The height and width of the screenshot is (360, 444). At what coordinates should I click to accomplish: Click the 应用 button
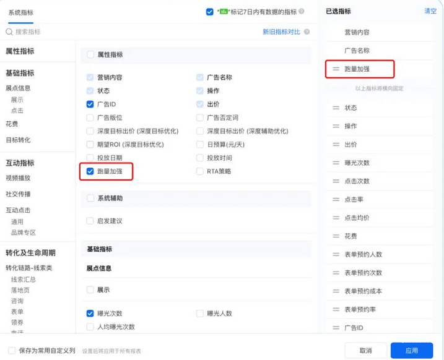pos(412,350)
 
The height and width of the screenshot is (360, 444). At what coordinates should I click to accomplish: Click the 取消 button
pos(365,350)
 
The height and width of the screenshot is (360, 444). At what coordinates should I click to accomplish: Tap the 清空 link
pos(430,11)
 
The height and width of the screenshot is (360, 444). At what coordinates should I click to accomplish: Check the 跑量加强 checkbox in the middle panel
pos(90,171)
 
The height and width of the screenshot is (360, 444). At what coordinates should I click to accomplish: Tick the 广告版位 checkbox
pos(90,117)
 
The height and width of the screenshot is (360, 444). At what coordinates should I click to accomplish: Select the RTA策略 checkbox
pos(200,171)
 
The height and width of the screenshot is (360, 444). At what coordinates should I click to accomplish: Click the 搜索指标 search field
pos(37,32)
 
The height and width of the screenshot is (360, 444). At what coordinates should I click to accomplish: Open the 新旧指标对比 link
pos(281,32)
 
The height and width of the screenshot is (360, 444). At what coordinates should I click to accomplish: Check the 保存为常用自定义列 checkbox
pos(12,350)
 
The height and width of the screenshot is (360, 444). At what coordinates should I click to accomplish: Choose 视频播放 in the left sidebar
pos(19,178)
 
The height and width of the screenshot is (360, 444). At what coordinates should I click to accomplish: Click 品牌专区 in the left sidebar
pos(24,233)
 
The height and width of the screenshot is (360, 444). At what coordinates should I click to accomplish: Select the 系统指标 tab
pos(21,12)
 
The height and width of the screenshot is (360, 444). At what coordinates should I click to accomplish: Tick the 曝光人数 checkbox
pos(200,313)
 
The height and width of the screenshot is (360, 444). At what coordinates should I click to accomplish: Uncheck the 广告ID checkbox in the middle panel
pos(90,104)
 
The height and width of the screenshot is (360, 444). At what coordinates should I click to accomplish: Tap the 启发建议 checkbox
pos(90,221)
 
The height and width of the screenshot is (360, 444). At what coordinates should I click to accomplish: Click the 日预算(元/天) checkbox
pos(200,144)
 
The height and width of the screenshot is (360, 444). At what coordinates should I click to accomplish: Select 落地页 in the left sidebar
pos(20,289)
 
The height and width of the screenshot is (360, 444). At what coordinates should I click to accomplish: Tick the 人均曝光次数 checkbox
pos(90,327)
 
